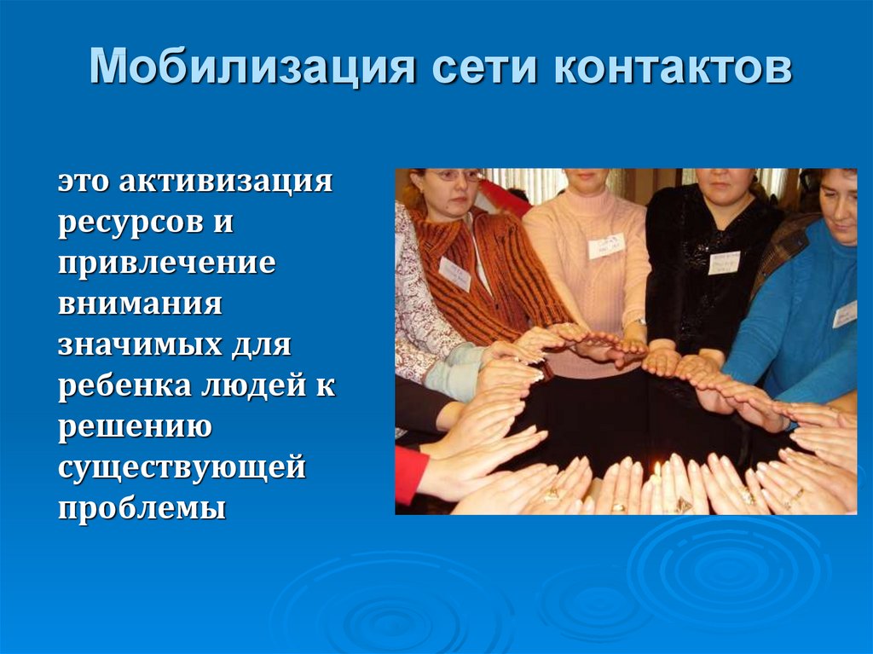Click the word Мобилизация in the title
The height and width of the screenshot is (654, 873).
tap(252, 67)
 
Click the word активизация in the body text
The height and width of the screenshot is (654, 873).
tap(225, 182)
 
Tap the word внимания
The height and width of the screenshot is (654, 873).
tap(141, 304)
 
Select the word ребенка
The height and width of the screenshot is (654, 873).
tap(124, 385)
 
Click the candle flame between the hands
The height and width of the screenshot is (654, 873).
tap(657, 470)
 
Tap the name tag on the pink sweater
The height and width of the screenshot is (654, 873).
tap(606, 246)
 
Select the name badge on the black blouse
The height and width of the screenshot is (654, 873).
tap(724, 263)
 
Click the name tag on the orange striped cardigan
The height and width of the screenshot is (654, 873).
tap(454, 274)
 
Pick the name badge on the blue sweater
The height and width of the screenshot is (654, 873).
tap(845, 314)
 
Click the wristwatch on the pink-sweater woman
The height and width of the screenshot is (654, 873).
tap(640, 321)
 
